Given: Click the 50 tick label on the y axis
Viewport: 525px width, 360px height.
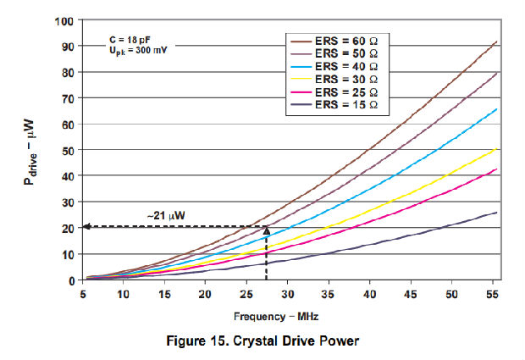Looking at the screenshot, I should [68, 150].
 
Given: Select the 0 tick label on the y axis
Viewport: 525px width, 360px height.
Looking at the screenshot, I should [71, 280].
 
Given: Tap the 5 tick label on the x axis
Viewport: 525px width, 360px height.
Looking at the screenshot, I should [82, 293].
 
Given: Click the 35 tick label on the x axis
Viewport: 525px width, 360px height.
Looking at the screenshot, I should [329, 293].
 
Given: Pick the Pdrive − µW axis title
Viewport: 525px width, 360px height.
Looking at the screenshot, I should [31, 150].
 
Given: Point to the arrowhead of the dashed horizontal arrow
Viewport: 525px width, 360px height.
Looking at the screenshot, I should [86, 227].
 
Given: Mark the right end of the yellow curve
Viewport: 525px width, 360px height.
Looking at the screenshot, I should [496, 149].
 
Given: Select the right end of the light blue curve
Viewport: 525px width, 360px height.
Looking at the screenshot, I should [496, 108].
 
